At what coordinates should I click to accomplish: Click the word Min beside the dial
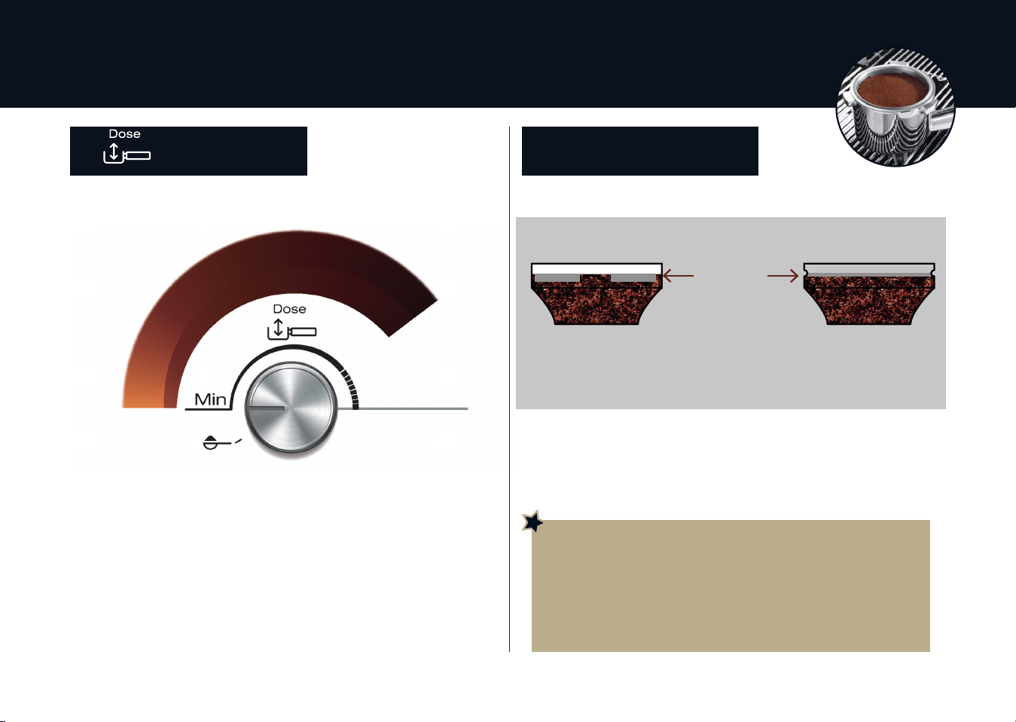pos(210,399)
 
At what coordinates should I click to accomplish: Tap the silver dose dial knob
pos(291,407)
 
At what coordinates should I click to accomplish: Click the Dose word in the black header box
pos(125,134)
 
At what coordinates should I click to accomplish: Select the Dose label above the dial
pos(289,309)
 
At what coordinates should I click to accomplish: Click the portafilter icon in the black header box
pos(127,154)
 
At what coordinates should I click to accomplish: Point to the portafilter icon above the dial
pos(291,329)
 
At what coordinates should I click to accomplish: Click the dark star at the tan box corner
pos(533,522)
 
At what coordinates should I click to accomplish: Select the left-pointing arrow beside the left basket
pos(679,275)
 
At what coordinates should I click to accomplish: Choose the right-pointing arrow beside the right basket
pos(783,275)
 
